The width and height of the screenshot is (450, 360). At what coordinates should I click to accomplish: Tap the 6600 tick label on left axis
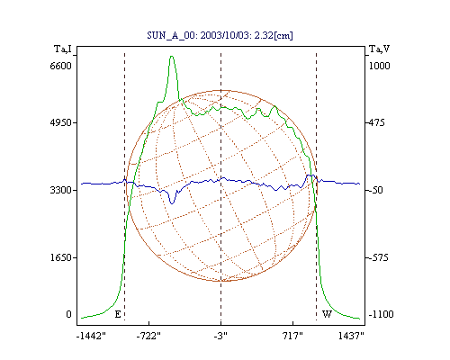tap(61, 66)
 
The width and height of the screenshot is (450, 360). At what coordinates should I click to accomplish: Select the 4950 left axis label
tap(61, 122)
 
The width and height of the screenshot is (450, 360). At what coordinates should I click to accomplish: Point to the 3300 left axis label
tap(61, 190)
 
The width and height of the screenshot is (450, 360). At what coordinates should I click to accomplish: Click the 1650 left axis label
tap(61, 257)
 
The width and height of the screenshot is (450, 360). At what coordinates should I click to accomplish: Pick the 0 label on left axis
tap(68, 314)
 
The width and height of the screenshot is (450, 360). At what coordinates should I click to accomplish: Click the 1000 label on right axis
tap(379, 66)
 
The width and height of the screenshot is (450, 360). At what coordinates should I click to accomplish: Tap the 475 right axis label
tap(376, 122)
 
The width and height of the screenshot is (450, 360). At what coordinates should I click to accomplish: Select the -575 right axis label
tap(378, 257)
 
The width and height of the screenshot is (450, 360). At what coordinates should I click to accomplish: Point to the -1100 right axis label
tap(381, 314)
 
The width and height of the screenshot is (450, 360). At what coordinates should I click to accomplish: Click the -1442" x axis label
tap(91, 336)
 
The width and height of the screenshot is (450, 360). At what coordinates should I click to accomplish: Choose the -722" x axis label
tap(148, 336)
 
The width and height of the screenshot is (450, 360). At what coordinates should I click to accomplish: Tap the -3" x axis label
tap(220, 336)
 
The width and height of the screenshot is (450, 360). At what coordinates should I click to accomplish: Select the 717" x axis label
tap(292, 336)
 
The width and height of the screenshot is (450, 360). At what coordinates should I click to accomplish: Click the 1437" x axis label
tap(351, 336)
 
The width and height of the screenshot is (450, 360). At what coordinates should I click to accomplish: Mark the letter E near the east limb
tap(118, 314)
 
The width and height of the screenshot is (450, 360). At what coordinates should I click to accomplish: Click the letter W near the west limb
tap(327, 314)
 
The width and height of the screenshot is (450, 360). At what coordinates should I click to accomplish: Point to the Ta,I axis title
tap(63, 49)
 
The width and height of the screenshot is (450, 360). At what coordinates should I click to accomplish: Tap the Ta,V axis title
tap(380, 49)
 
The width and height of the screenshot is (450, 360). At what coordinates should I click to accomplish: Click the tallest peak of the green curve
tap(172, 56)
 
